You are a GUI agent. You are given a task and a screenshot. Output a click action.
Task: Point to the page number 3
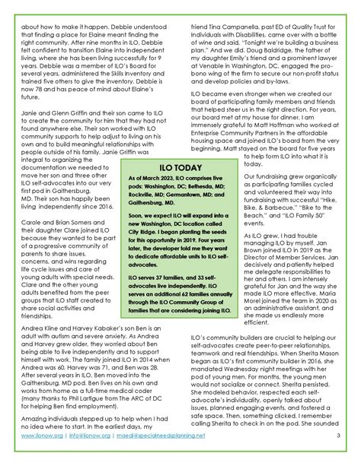pyautogui.click(x=337, y=458)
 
